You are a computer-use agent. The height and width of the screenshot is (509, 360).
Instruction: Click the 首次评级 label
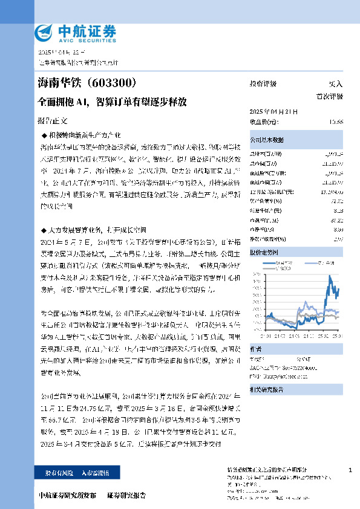(330, 96)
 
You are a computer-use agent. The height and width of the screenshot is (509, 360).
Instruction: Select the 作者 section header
(256, 348)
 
